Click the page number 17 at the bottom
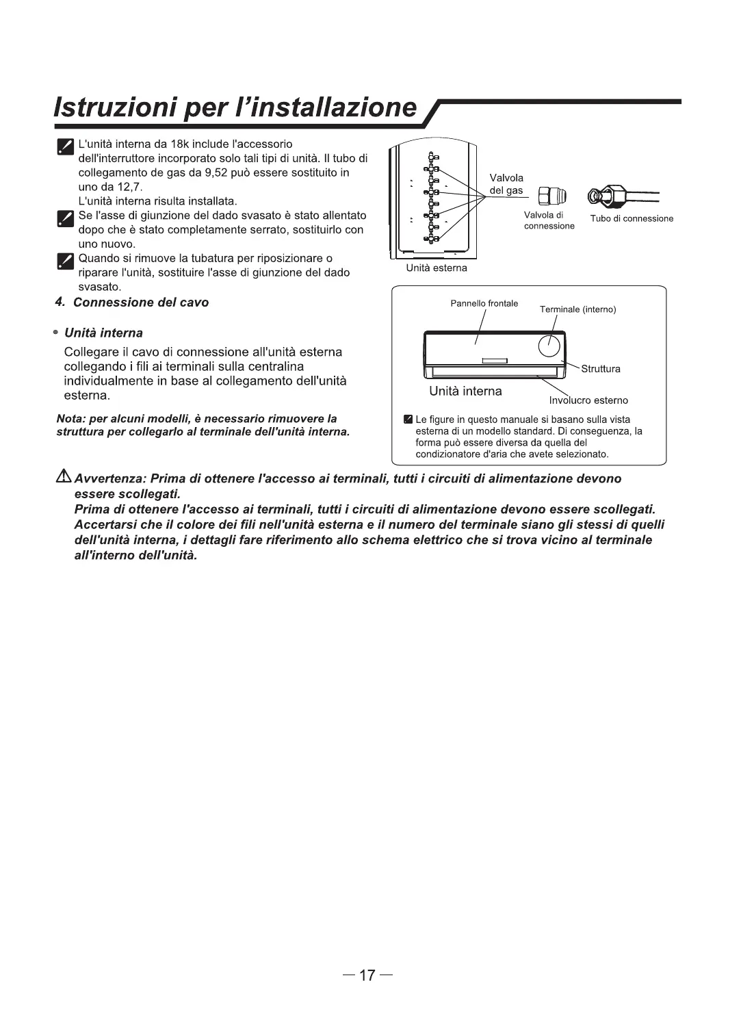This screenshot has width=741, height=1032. point(367,975)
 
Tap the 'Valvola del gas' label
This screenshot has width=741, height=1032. point(506,184)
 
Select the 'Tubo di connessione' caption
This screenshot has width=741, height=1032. point(632,218)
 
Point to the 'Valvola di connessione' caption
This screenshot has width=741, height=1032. point(549,220)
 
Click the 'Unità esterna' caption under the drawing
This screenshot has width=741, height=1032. point(436,268)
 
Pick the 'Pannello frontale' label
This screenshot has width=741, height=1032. point(484,303)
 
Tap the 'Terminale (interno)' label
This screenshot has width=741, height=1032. point(577,309)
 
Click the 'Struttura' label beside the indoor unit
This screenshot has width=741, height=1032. point(600,369)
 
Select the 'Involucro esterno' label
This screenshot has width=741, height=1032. point(588,400)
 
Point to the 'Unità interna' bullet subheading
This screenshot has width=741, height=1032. point(103,333)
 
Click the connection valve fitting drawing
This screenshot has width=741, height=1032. point(548,196)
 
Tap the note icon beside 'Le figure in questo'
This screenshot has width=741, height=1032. point(408,420)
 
